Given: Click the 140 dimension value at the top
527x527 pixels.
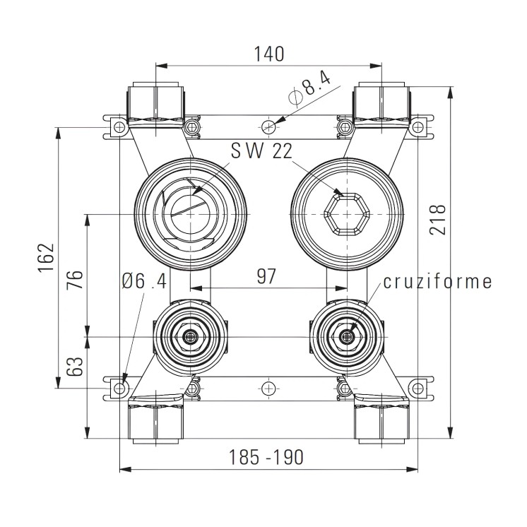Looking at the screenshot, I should pyautogui.click(x=268, y=54).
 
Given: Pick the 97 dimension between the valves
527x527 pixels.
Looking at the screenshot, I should pyautogui.click(x=266, y=276).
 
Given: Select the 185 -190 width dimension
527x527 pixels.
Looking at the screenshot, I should pyautogui.click(x=266, y=457).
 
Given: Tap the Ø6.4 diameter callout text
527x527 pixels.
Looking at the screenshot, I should pyautogui.click(x=143, y=280).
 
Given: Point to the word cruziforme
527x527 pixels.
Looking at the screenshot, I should pyautogui.click(x=437, y=282).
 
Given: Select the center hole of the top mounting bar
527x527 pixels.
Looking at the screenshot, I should pyautogui.click(x=268, y=127).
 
